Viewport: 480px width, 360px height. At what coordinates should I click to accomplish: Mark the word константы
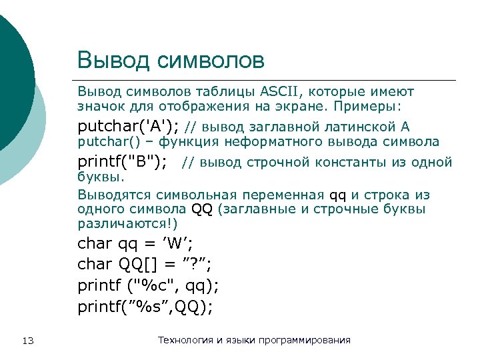[352, 163]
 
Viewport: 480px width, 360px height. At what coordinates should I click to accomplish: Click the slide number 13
[28, 341]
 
